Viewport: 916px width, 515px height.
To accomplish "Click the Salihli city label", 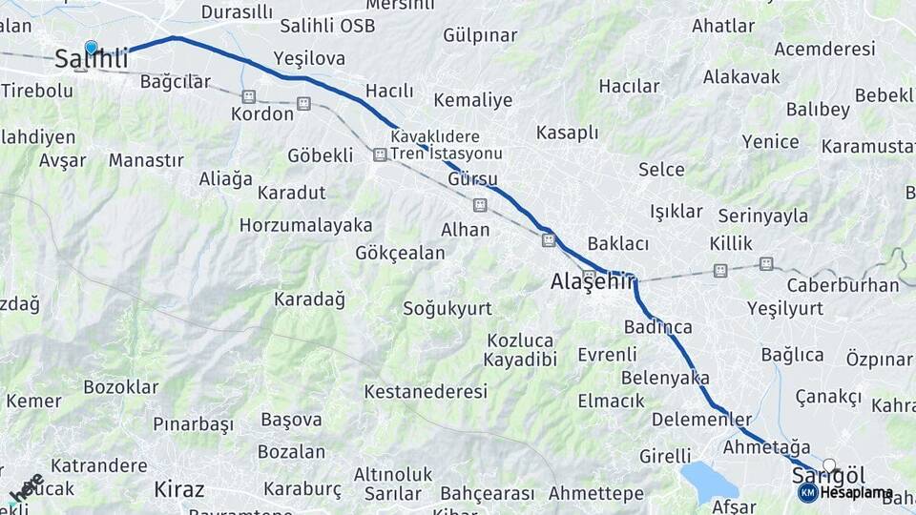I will tap(91, 59).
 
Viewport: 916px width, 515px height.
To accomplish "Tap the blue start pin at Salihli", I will tap(92, 47).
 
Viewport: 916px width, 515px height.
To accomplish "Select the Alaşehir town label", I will tap(593, 281).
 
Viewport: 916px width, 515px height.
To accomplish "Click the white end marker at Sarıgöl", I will tap(829, 465).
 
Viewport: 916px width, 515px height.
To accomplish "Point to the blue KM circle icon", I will tap(807, 492).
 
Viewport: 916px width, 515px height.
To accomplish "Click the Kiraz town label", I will tap(179, 490).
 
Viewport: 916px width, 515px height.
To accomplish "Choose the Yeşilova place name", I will tap(309, 59).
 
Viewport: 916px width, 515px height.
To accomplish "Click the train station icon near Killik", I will tap(720, 271).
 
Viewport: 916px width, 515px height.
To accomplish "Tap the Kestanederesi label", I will tap(426, 391).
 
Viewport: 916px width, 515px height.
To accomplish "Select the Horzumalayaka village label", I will tap(305, 226).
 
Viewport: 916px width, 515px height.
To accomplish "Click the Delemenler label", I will tap(701, 420).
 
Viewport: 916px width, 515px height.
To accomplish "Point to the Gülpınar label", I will tap(480, 36).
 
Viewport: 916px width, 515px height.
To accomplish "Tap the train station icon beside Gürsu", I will tap(480, 205).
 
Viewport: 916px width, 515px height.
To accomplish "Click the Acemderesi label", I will tap(826, 49).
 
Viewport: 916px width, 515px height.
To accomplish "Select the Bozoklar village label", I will tap(121, 387).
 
